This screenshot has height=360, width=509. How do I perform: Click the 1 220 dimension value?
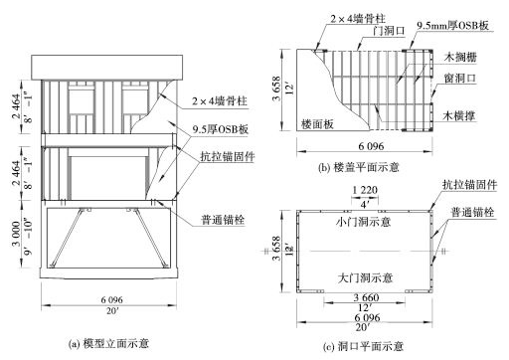point(361,189)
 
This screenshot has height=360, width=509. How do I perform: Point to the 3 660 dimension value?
point(362,296)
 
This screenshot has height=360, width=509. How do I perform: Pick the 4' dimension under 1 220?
point(361,202)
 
